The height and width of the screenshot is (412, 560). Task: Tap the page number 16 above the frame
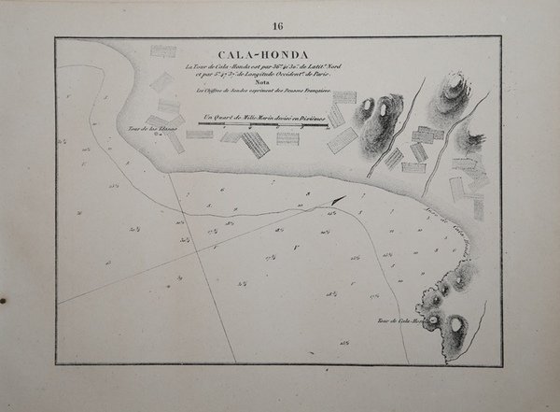point(279,25)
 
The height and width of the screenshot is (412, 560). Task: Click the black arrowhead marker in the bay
point(337,200)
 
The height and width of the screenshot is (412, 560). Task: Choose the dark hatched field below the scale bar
point(254,143)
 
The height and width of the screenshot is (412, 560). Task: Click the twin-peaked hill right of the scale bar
point(383,112)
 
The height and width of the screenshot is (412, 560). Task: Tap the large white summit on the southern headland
point(456,327)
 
